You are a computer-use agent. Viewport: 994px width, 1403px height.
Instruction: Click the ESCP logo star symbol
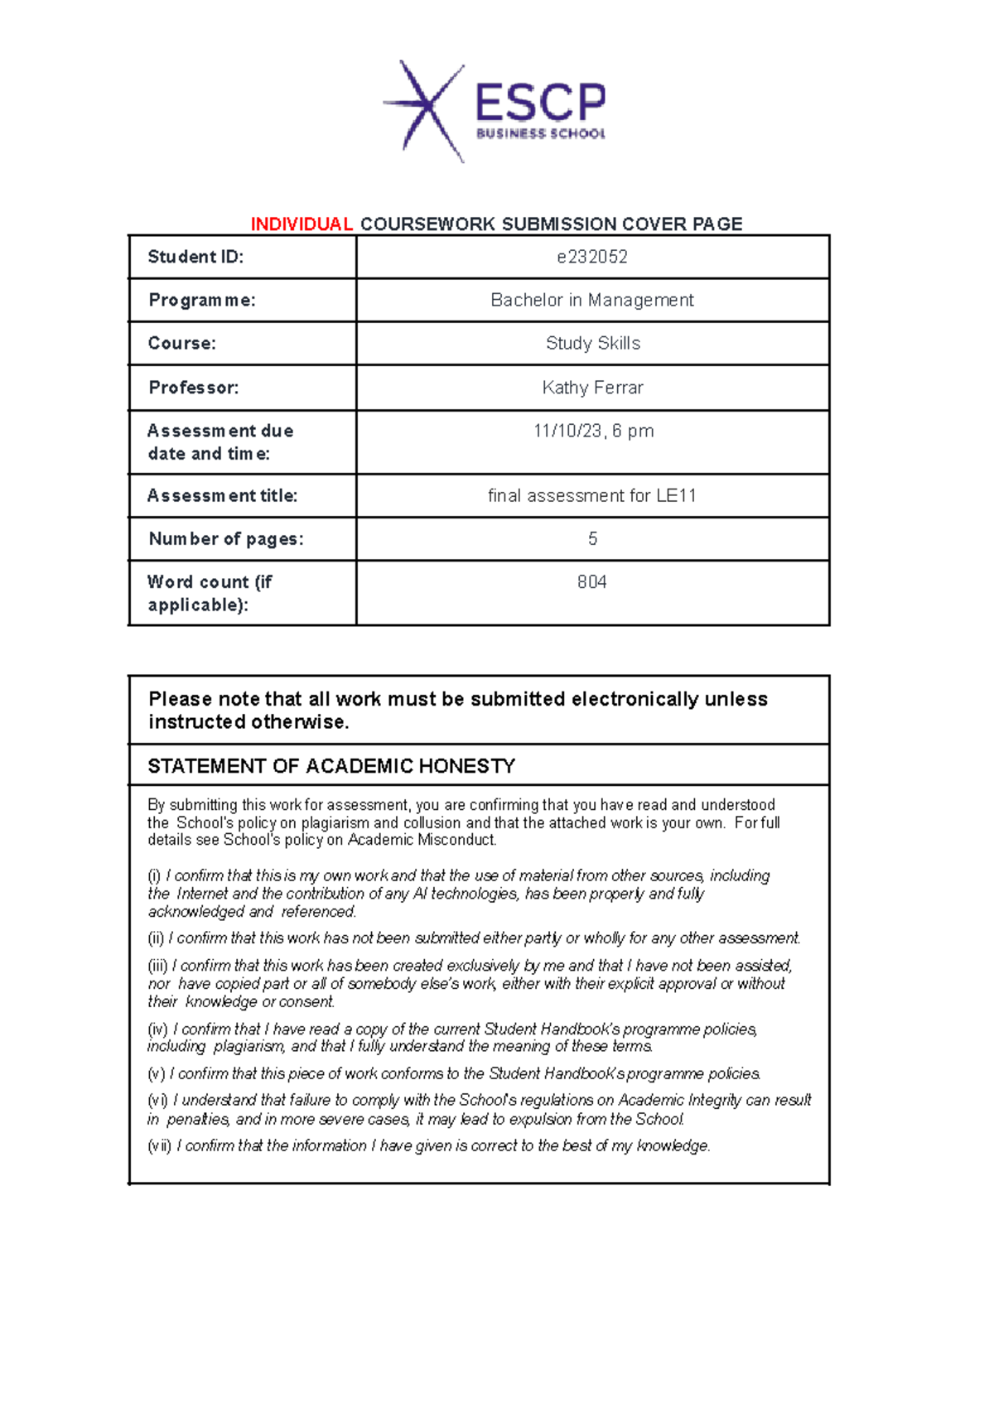425,108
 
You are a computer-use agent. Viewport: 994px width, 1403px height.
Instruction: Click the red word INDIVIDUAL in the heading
302,224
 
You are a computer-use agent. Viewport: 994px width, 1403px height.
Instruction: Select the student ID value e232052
592,257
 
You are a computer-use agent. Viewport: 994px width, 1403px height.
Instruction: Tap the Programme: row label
202,300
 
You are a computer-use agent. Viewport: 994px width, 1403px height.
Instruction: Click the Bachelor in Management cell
592,300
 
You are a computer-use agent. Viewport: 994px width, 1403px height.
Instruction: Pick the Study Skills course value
593,343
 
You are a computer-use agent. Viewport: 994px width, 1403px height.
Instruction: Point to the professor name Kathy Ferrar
593,388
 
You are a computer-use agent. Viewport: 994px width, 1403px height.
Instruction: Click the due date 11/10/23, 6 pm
593,431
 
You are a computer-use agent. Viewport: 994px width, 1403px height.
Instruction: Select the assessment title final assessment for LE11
592,495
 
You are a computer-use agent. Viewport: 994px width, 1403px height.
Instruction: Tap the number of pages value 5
592,539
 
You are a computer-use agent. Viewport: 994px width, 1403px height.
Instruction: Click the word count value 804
592,582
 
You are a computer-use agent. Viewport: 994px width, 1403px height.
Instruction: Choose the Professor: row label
194,388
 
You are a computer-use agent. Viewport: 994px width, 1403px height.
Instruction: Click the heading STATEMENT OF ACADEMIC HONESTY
331,766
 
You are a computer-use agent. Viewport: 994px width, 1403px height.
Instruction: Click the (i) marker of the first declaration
154,876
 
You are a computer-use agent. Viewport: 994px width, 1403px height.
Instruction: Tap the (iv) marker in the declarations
157,1029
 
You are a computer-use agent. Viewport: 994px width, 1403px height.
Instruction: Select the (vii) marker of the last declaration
159,1146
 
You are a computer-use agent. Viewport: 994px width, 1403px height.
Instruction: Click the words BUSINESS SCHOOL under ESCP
540,133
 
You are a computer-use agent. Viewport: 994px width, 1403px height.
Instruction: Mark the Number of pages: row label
226,539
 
